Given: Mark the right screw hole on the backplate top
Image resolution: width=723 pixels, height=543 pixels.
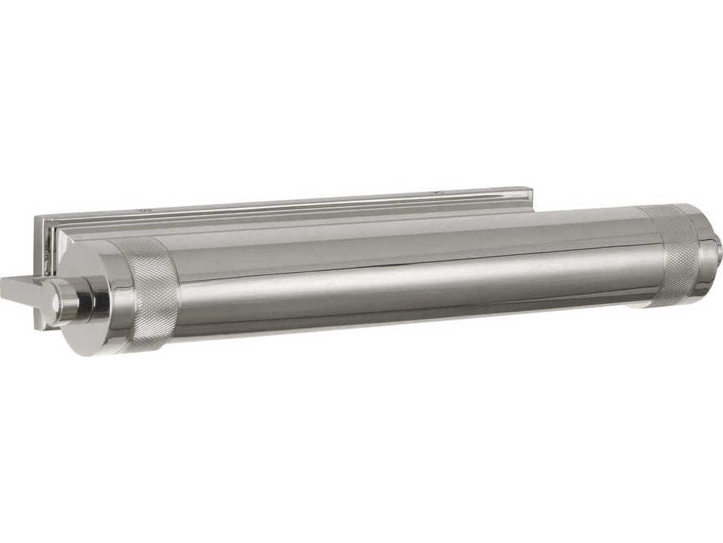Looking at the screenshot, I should pos(435,193).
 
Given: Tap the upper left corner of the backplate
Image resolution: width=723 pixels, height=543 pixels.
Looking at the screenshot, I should pos(38,219).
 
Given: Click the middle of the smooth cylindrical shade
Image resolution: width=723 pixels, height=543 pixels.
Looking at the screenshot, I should pos(413,276).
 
